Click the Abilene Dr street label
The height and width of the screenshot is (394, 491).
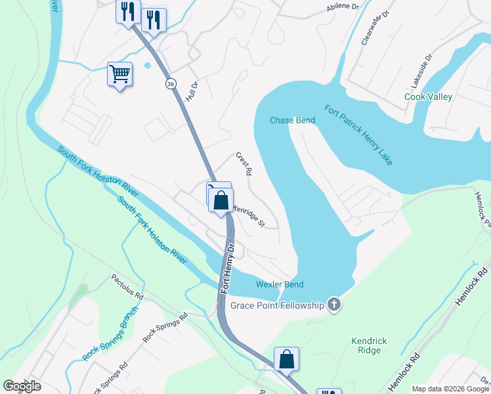pyautogui.click(x=343, y=7)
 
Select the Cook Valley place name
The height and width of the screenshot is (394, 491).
pyautogui.click(x=428, y=97)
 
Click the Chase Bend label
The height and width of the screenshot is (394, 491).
pyautogui.click(x=293, y=120)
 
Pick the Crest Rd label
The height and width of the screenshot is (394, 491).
pyautogui.click(x=244, y=164)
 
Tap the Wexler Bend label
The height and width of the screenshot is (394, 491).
pyautogui.click(x=284, y=284)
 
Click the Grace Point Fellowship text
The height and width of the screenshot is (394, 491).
pyautogui.click(x=278, y=305)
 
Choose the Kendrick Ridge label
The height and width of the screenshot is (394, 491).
pyautogui.click(x=366, y=345)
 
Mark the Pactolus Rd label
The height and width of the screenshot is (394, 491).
pyautogui.click(x=127, y=287)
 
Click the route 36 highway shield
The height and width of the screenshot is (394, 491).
pyautogui.click(x=171, y=84)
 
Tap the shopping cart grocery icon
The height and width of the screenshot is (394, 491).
pyautogui.click(x=120, y=74)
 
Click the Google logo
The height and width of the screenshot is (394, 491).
pyautogui.click(x=22, y=386)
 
